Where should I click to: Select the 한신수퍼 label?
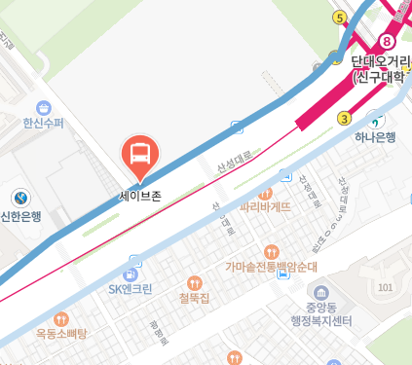click(44, 124)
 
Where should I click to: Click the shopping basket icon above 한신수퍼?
click(43, 107)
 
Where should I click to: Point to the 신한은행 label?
click(20, 217)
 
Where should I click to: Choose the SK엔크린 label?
click(131, 288)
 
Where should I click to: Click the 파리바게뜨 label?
click(266, 206)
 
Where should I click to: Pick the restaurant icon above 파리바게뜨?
click(266, 192)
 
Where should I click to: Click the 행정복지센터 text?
click(327, 320)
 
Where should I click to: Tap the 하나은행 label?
click(375, 137)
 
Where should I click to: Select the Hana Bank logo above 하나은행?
click(375, 121)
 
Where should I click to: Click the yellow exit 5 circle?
click(339, 18)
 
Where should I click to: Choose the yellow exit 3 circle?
click(344, 119)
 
